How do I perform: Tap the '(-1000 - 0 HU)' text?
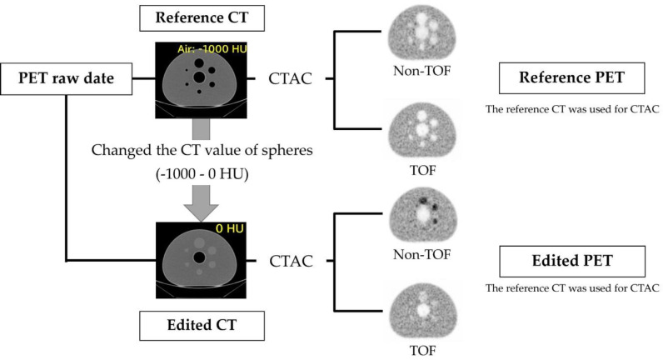tap(198, 180)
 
